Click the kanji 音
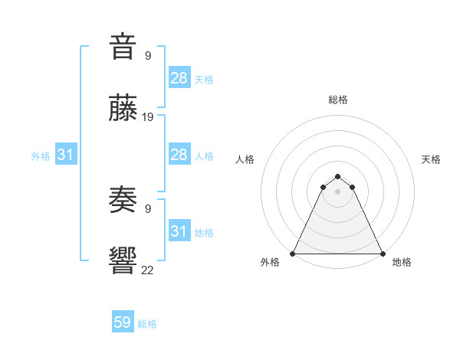point(123,47)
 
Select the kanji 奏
point(123,199)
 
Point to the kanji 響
point(123,260)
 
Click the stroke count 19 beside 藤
point(148,117)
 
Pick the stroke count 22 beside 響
point(148,269)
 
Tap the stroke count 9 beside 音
point(147,55)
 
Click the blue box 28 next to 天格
point(179,78)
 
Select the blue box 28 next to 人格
point(179,155)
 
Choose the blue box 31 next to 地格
point(179,231)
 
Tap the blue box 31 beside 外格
point(66,155)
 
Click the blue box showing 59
point(123,322)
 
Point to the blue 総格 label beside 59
point(148,324)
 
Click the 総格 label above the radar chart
point(338,100)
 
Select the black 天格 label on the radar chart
point(432,159)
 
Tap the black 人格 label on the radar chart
point(245,159)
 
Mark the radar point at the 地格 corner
point(382,254)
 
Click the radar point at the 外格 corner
point(293,254)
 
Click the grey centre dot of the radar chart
point(338,191)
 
